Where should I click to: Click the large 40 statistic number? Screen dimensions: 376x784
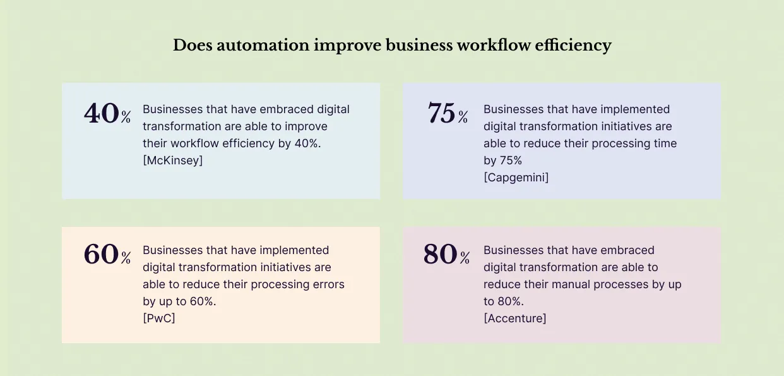coord(101,114)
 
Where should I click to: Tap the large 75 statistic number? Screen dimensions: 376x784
coord(441,114)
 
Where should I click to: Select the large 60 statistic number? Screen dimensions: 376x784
coord(101,255)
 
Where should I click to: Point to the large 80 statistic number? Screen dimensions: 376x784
coord(440,255)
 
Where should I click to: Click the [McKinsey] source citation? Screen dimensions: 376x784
coord(172,161)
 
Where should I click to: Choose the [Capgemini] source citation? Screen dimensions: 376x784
coord(516,178)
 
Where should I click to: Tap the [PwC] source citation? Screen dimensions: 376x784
coord(158,318)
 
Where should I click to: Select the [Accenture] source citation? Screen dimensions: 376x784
coord(514,318)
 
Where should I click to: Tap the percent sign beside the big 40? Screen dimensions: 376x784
coord(126,118)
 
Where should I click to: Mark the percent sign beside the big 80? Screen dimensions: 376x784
coord(465,258)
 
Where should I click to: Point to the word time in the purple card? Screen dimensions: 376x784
coord(663,143)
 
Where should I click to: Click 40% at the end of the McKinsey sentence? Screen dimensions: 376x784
coord(308,143)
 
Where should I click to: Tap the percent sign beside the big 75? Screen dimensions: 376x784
coord(463,118)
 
